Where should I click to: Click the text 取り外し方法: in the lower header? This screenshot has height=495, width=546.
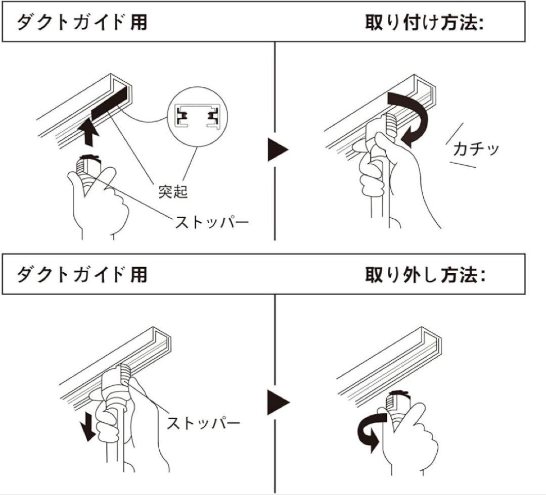pos(424,275)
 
